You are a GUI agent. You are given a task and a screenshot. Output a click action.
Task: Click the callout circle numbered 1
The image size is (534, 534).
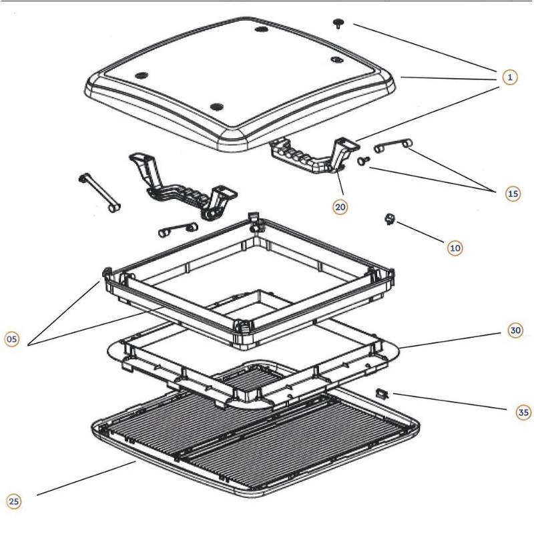pos(509,77)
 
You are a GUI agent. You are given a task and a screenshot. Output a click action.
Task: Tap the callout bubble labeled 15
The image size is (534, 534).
pos(513,194)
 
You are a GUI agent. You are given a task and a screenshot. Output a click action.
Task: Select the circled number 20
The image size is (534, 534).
pos(340,206)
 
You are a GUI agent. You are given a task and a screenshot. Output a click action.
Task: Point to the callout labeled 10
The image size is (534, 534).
pos(455,247)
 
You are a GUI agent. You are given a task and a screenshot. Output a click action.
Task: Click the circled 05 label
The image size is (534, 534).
pos(12,340)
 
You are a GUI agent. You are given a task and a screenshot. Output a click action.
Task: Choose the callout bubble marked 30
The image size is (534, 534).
pos(515,330)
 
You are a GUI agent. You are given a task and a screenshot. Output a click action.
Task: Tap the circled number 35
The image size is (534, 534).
pos(524,413)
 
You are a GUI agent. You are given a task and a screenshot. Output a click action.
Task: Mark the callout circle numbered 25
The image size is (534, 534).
pos(14,501)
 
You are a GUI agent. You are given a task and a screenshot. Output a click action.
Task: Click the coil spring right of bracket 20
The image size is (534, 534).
pos(394,146)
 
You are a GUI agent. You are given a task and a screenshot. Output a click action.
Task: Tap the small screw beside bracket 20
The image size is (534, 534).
pos(364,161)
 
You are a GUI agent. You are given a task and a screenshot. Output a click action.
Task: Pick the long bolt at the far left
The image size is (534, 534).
pos(99,191)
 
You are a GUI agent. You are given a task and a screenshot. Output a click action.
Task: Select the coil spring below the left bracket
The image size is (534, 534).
pos(177,230)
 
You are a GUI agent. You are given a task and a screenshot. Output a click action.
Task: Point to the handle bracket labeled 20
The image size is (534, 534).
pos(310,156)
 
